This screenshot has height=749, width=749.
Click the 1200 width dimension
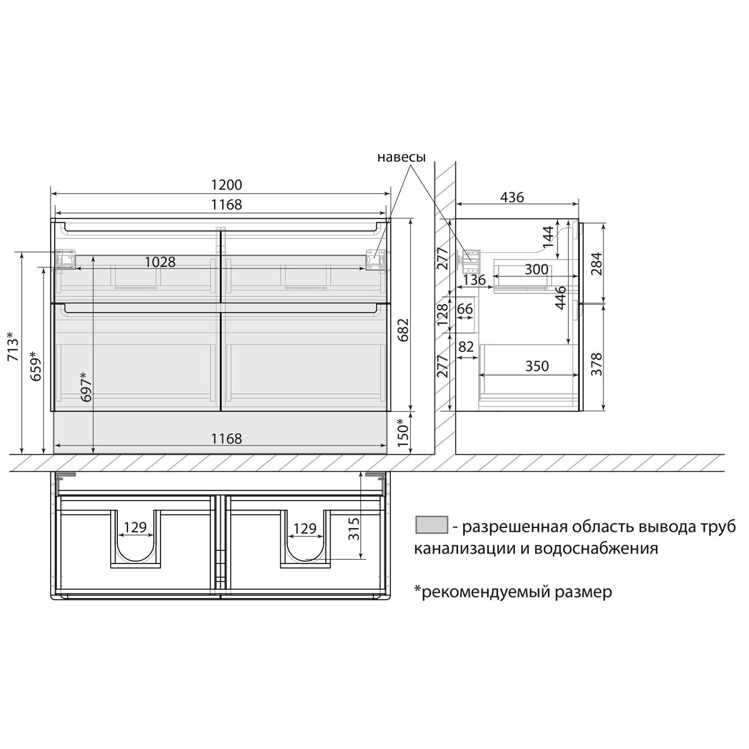point(226,185)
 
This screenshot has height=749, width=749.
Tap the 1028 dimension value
point(160,262)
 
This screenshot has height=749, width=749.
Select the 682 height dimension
point(403,330)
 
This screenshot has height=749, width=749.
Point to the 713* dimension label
point(13,346)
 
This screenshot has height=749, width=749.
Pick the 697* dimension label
point(86,386)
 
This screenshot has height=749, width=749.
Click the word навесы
point(401,157)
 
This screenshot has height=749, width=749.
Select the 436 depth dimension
point(512,197)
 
